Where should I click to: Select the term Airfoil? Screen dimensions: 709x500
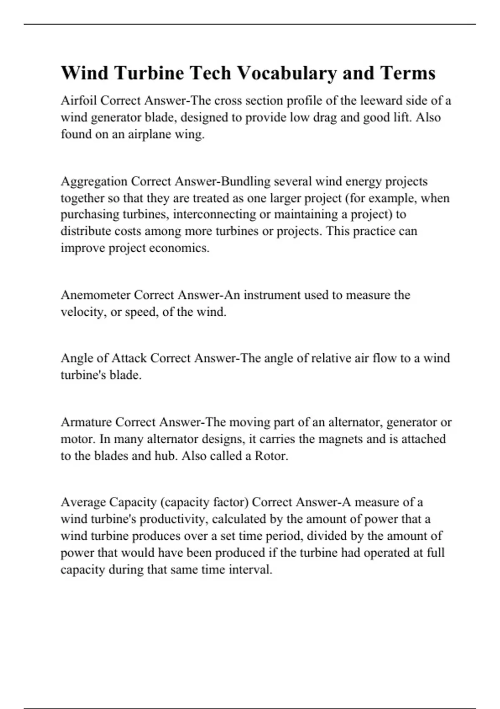pos(79,101)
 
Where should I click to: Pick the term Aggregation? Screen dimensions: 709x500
pos(94,181)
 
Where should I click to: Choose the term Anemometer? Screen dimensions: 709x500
pos(95,295)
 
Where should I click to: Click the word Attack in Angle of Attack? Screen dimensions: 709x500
pos(129,358)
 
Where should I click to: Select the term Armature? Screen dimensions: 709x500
pos(86,422)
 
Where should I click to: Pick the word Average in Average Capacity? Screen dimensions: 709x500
pos(83,502)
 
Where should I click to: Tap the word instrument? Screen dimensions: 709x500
pos(271,295)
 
